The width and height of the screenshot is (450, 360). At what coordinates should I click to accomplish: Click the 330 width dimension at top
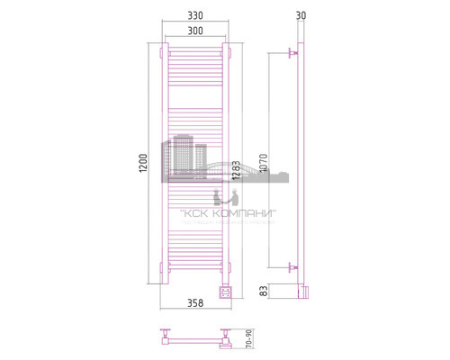[x=195, y=16]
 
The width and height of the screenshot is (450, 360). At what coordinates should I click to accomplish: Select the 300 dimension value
[x=195, y=31]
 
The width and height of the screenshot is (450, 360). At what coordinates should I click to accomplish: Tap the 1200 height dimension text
[x=141, y=163]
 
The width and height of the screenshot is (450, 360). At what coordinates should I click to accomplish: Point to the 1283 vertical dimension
[x=234, y=168]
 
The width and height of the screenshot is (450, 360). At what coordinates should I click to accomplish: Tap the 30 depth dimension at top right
[x=300, y=16]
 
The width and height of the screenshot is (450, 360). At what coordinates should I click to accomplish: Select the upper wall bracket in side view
[x=290, y=56]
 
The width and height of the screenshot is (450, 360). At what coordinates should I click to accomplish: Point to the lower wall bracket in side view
[x=290, y=266]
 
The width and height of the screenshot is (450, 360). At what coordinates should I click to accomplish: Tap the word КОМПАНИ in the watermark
[x=244, y=213]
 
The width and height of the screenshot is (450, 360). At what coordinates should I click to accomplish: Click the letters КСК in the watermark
[x=193, y=213]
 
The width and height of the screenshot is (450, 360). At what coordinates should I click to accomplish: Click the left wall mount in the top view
[x=166, y=340]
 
